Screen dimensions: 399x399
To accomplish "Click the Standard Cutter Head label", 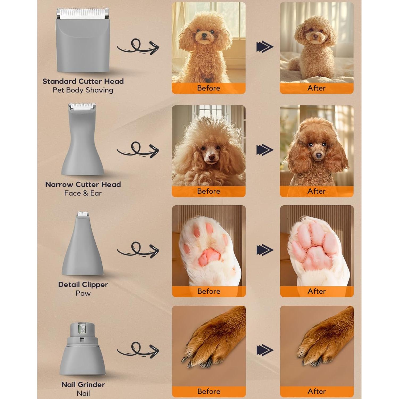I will (83, 81).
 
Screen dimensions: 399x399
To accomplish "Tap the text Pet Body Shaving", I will (83, 90).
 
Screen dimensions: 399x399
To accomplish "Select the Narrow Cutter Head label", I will (83, 184).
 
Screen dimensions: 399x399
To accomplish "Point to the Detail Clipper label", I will (83, 284).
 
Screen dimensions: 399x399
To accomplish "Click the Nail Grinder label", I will (83, 384).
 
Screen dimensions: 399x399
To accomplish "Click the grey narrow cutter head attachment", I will (82, 149).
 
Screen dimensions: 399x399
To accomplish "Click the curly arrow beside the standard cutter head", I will (138, 47).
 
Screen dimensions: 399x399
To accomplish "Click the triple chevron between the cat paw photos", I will (265, 250).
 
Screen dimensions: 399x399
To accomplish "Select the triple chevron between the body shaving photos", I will (265, 47).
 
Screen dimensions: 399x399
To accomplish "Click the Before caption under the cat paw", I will (209, 291).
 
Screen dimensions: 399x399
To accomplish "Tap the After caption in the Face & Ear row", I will (317, 191).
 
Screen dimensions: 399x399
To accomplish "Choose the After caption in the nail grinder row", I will (317, 391).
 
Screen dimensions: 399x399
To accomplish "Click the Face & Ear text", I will (83, 193).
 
